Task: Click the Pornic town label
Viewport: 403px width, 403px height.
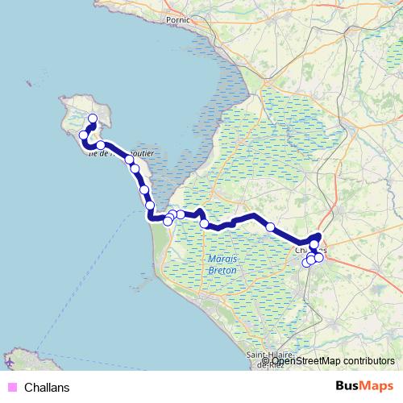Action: coord(177,19)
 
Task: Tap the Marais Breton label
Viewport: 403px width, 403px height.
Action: coord(222,264)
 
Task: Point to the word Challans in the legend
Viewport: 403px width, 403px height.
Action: coord(47,388)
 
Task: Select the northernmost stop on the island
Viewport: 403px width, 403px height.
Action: coord(92,119)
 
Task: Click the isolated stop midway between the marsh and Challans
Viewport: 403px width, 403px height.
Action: coord(270,227)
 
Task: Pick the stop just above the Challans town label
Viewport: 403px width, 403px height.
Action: coord(314,243)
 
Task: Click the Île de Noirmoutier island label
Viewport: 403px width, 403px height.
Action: coord(109,151)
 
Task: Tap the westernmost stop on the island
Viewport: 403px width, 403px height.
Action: coord(83,135)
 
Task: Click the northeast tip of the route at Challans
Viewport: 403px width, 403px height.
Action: coord(319,235)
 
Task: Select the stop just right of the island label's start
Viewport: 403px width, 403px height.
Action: coord(101,146)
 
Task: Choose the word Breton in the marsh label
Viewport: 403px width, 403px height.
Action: coord(222,271)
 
